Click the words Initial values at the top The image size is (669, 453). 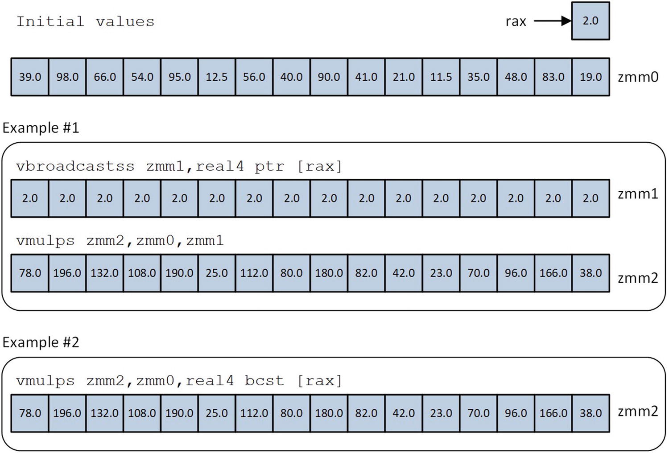85,21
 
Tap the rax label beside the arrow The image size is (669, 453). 516,21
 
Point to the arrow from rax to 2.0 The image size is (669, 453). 552,21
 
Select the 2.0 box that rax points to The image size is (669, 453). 590,21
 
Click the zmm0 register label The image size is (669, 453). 638,77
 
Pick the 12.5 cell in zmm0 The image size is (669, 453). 217,77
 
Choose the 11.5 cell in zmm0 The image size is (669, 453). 441,77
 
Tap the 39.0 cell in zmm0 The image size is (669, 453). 30,77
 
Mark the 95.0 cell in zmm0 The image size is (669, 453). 179,77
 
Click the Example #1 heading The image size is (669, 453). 41,128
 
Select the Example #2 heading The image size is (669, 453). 41,342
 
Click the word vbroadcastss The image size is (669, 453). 75,166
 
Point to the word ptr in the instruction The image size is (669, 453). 269,166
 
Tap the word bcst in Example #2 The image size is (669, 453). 264,381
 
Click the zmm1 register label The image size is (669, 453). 638,194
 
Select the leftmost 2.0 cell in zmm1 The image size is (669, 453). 30,198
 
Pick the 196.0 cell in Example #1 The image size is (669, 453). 67,273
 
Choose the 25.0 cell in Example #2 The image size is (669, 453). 217,413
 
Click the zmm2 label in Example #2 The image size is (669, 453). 638,411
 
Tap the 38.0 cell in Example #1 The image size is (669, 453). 590,273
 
